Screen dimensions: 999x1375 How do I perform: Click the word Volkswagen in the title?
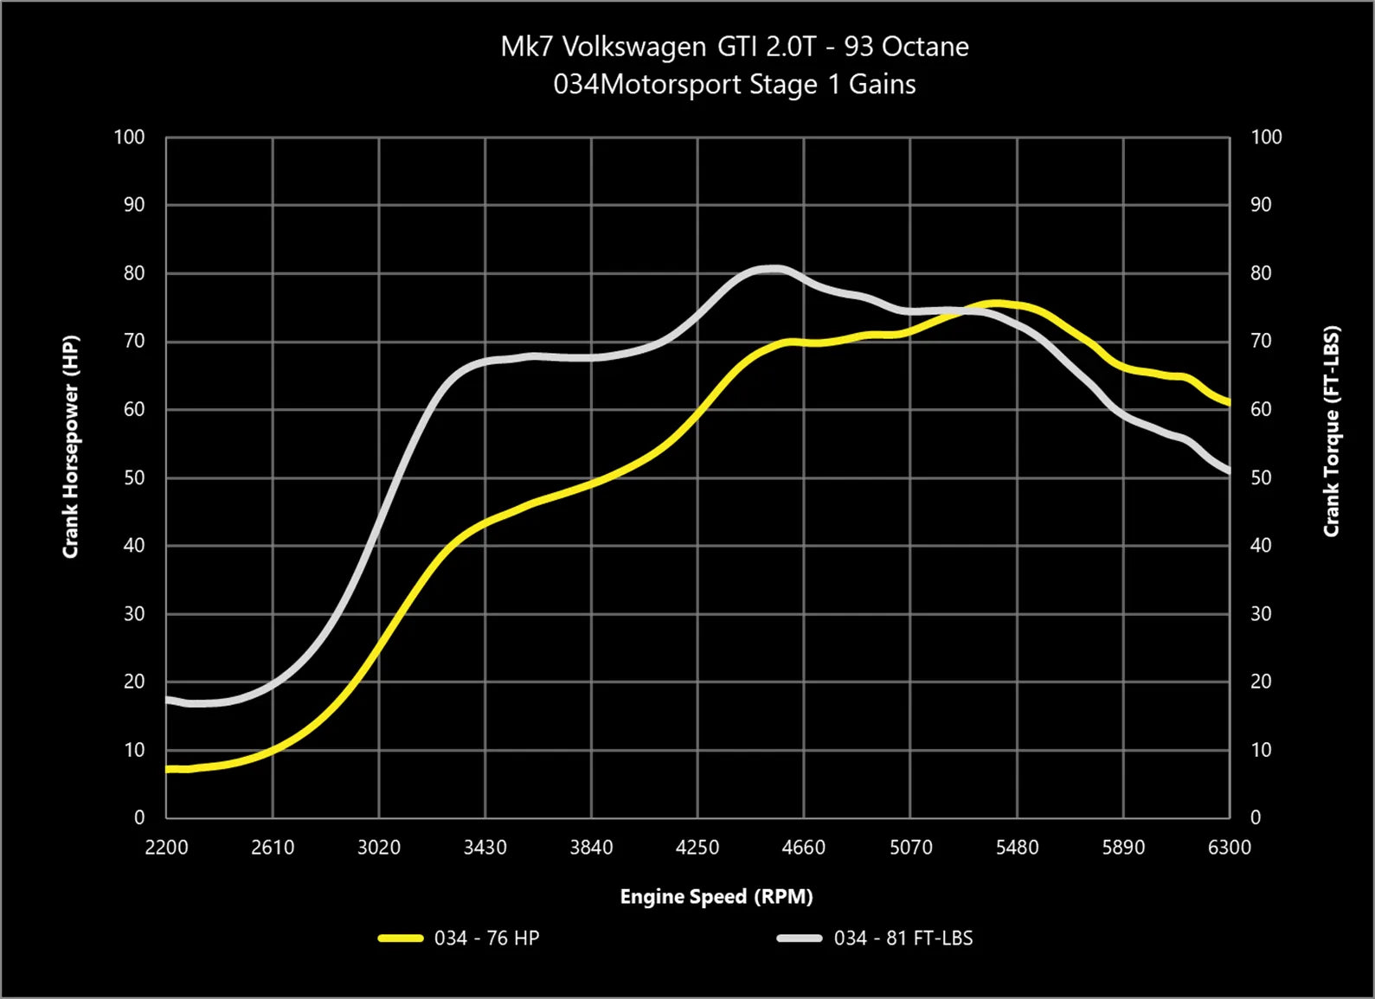click(633, 47)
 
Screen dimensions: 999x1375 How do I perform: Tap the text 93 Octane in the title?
click(906, 47)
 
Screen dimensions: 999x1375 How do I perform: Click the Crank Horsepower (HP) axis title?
click(71, 446)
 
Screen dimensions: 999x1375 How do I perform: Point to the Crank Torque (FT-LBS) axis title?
click(1332, 431)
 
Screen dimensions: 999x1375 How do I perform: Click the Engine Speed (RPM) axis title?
click(716, 897)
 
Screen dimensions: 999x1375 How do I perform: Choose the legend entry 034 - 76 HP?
click(486, 938)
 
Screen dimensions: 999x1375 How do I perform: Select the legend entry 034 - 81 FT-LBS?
click(903, 938)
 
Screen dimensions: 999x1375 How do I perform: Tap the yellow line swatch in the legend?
click(401, 938)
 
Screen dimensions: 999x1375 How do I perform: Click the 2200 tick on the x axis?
click(166, 848)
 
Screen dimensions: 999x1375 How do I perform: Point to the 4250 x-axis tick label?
click(697, 848)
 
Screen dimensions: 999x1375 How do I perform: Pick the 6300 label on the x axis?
click(1229, 848)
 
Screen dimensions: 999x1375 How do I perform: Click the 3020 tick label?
click(379, 848)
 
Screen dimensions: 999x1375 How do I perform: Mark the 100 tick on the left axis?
click(129, 138)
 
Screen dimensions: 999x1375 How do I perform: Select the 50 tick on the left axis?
click(134, 478)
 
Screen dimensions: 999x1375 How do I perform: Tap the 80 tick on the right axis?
click(1261, 273)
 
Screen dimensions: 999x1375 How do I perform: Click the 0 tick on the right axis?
click(1256, 817)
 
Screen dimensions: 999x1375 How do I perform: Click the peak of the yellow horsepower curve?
click(997, 304)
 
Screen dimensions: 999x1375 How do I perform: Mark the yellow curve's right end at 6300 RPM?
click(1228, 402)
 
